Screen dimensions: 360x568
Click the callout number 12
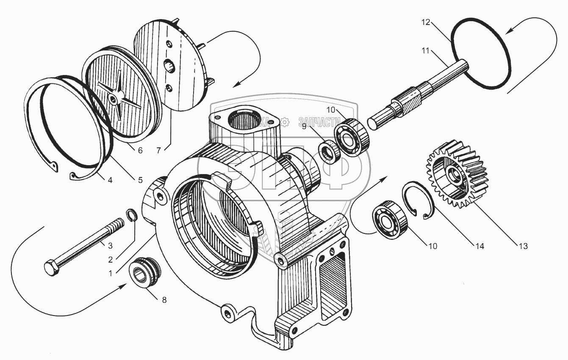(426, 22)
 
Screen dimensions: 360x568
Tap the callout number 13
(523, 246)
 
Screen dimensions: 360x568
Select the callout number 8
(163, 300)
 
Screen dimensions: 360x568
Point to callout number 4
(110, 180)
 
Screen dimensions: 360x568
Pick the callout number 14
(480, 246)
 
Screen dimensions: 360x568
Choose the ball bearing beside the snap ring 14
(389, 219)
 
